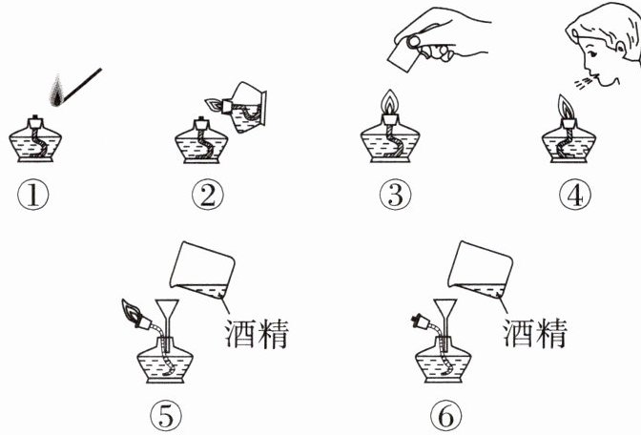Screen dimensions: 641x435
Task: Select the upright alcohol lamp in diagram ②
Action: (202, 143)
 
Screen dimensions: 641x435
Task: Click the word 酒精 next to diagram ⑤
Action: (256, 333)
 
